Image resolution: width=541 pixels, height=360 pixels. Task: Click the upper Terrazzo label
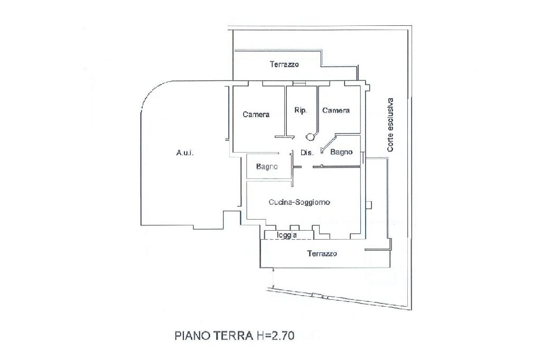coord(284,64)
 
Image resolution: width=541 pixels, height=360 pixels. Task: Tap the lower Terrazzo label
coord(322,253)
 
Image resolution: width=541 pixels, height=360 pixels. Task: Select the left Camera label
coord(256,114)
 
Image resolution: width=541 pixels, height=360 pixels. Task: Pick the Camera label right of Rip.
coord(336,110)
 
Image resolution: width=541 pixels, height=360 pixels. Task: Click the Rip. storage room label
coord(301,110)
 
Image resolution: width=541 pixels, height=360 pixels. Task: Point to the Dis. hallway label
coord(307,153)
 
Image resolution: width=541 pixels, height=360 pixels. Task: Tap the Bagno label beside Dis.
coord(341,151)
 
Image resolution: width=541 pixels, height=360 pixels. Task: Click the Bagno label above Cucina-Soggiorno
coord(267,167)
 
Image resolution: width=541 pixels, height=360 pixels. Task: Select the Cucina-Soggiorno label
coord(299,202)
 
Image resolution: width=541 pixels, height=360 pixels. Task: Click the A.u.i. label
coord(185,153)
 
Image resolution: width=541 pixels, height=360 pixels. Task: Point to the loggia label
coord(287,235)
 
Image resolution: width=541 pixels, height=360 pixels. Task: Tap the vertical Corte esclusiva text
coord(390,125)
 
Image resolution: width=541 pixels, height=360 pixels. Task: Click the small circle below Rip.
coord(310,137)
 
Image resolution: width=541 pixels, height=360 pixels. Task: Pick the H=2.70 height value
coord(275,336)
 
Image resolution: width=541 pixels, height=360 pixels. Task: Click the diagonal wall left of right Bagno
coord(328,143)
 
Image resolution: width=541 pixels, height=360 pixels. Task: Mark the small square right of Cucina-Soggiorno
coord(368,204)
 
